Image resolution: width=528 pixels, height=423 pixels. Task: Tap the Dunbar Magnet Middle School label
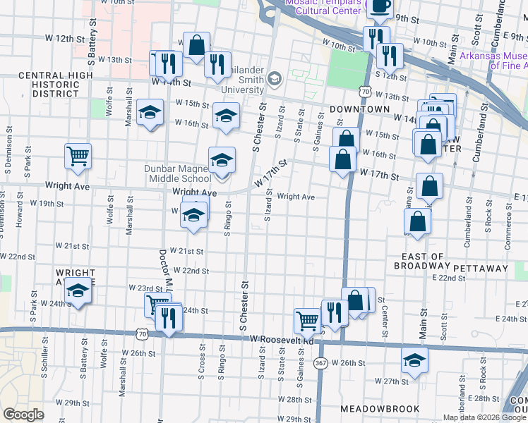[x=177, y=173]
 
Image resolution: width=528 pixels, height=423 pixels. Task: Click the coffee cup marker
[x=380, y=6]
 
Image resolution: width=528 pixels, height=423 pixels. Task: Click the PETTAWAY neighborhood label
[x=481, y=269]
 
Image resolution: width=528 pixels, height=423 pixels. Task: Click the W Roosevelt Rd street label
[x=282, y=340]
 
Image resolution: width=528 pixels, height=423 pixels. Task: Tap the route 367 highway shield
[x=320, y=363]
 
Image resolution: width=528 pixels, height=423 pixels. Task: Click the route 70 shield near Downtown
[x=364, y=92]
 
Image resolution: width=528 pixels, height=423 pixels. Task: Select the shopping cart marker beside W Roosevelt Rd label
[x=308, y=321]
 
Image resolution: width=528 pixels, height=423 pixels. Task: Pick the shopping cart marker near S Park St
[x=78, y=156]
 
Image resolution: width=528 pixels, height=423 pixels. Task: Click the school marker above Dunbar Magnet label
[x=222, y=159]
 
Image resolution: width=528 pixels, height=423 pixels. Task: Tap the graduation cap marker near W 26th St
[x=414, y=360]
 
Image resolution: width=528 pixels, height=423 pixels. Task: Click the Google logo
[x=23, y=415]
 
